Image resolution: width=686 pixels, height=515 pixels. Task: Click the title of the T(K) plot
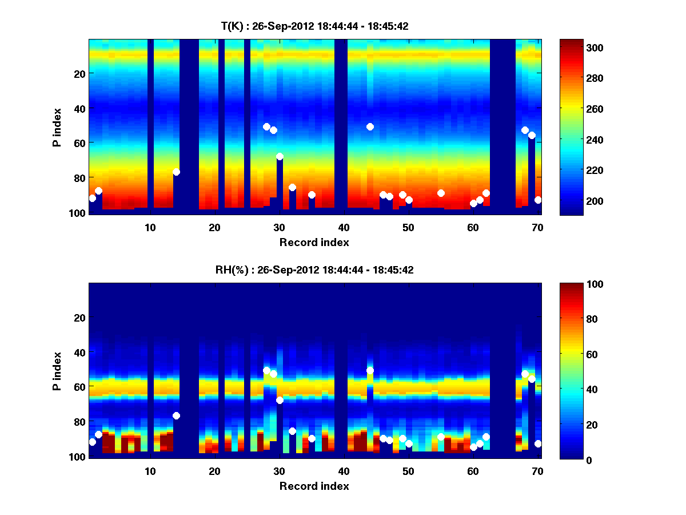(314, 26)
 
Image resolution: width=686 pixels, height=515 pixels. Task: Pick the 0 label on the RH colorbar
(571, 459)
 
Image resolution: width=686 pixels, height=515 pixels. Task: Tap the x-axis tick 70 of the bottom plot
(537, 471)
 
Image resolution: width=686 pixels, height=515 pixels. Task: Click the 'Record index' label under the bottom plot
(314, 486)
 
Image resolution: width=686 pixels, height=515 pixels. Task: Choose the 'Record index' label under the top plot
(314, 242)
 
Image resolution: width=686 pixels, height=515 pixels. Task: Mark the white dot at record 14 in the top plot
(176, 172)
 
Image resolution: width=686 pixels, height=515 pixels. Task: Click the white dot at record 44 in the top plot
(370, 126)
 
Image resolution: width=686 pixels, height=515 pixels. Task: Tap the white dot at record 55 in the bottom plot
(441, 437)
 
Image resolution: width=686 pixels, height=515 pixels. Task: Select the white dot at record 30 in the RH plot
(280, 400)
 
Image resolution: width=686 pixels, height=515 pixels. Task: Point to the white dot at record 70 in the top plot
(538, 200)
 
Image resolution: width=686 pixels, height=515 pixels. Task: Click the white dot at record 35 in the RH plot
(312, 438)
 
